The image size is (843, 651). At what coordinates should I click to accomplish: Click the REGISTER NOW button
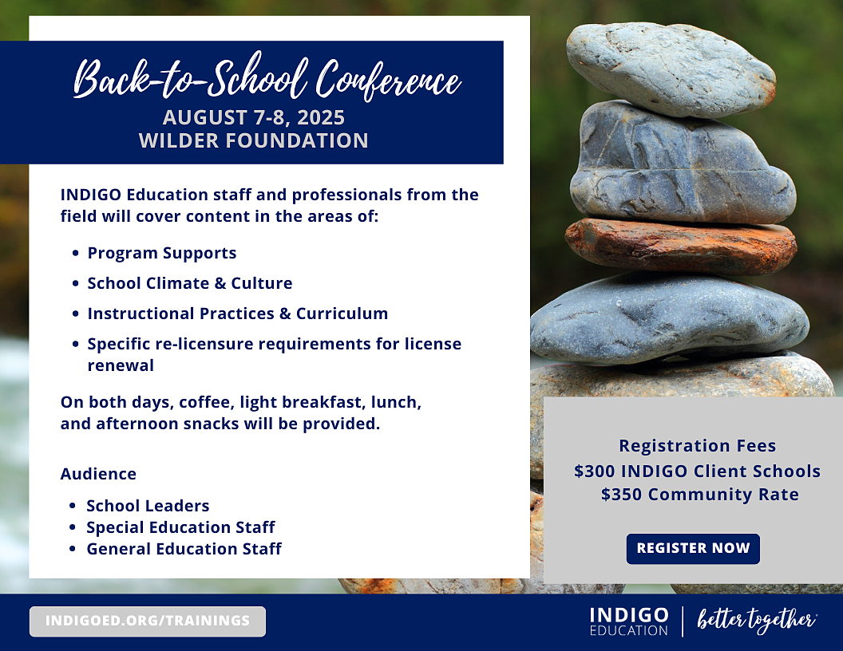693,548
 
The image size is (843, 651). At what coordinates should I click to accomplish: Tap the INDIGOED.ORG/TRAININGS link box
148,621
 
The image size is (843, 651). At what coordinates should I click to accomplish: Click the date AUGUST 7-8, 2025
254,117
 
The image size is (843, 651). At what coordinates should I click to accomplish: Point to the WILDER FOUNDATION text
254,140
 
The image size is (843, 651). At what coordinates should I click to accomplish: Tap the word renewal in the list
121,365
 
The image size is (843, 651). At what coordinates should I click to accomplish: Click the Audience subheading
98,474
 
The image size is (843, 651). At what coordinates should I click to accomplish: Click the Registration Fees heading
697,446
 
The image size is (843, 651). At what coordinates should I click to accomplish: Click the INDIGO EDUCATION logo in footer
629,621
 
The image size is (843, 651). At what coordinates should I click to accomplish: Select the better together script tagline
757,621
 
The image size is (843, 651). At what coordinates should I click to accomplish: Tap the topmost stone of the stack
671,70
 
